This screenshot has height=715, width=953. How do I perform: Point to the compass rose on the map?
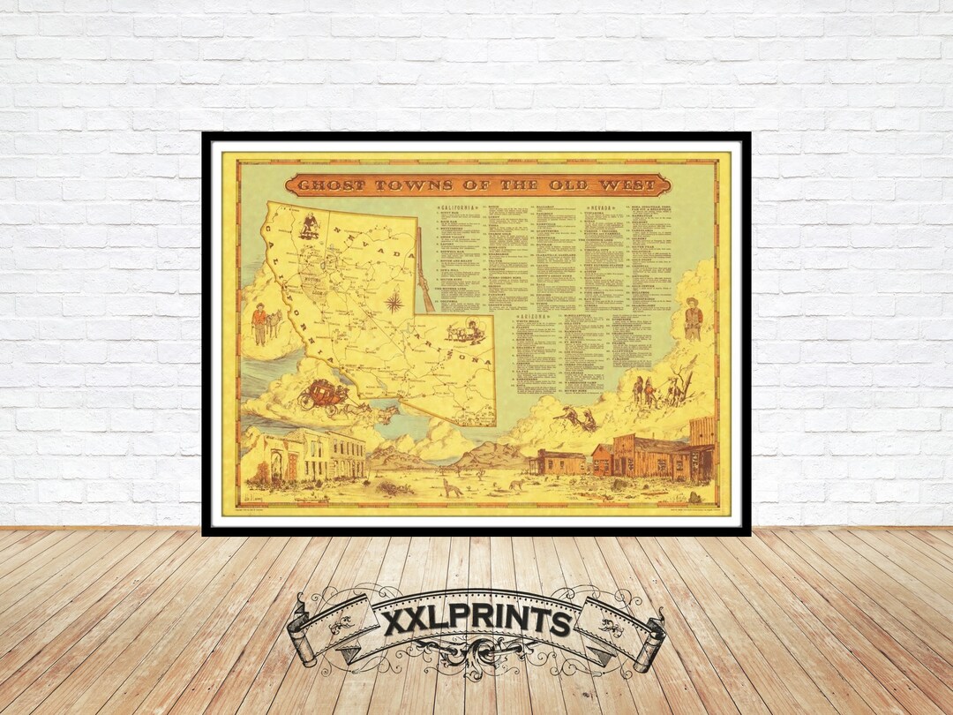click(394, 302)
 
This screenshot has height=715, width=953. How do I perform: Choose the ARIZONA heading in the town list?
click(537, 315)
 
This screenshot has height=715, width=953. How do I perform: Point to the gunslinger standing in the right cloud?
click(694, 319)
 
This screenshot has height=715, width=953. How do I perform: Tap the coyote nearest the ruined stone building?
click(453, 487)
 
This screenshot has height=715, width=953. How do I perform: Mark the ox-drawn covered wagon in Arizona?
click(464, 332)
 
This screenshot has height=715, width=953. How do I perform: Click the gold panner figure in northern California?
click(309, 226)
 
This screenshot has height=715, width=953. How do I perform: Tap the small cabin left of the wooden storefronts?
click(558, 463)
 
